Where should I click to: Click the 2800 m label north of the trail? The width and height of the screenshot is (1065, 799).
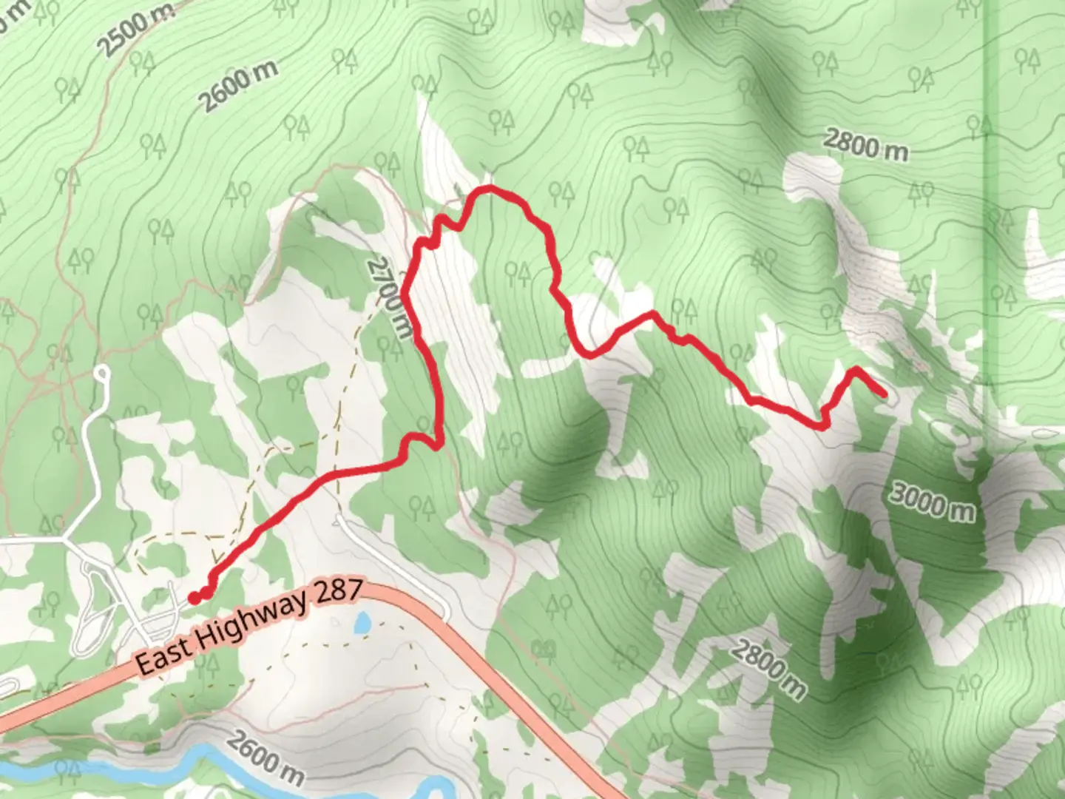coord(865,146)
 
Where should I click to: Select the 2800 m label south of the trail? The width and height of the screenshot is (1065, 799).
coord(768,670)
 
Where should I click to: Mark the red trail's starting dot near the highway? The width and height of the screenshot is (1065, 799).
coord(193,598)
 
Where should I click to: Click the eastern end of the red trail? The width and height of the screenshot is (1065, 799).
coord(884,394)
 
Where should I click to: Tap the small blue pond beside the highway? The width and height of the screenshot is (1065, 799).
coord(362,623)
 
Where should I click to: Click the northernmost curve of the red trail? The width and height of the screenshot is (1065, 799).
coord(488,191)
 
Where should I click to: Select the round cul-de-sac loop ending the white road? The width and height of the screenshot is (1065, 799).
coord(101,372)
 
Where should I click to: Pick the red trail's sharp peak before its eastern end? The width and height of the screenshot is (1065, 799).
coord(856,368)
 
